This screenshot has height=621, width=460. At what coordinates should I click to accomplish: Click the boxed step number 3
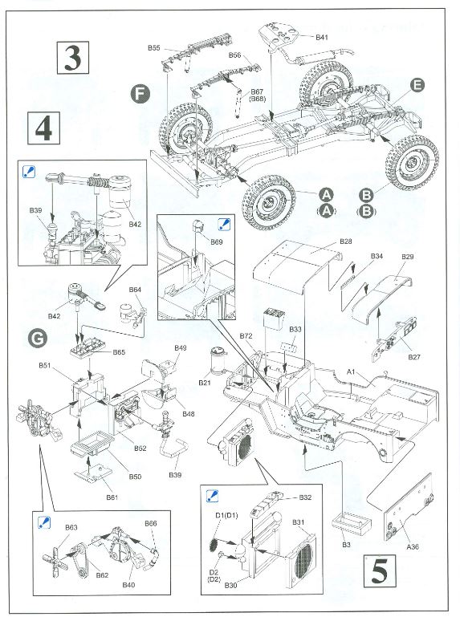pyautogui.click(x=72, y=58)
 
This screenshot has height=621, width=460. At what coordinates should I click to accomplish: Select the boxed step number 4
pyautogui.click(x=43, y=128)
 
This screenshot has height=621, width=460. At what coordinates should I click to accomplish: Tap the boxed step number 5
pyautogui.click(x=380, y=571)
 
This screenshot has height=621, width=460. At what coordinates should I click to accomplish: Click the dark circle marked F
pyautogui.click(x=140, y=95)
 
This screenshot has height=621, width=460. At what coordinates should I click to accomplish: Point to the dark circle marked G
pyautogui.click(x=38, y=338)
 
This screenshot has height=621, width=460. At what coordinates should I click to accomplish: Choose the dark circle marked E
pyautogui.click(x=417, y=85)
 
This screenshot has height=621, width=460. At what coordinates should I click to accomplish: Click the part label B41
pyautogui.click(x=322, y=37)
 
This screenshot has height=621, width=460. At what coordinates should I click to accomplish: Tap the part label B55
pyautogui.click(x=153, y=48)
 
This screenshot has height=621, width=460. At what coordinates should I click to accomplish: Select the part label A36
pyautogui.click(x=413, y=546)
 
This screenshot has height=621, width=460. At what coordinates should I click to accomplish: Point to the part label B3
pyautogui.click(x=346, y=544)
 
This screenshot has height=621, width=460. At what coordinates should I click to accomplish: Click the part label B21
pyautogui.click(x=205, y=383)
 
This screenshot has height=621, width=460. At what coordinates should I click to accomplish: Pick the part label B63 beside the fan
pyautogui.click(x=71, y=527)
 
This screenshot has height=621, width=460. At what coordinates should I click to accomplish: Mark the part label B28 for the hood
pyautogui.click(x=346, y=241)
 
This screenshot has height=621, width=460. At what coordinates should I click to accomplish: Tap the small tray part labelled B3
pyautogui.click(x=352, y=523)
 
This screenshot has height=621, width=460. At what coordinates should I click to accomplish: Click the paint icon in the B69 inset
pyautogui.click(x=224, y=225)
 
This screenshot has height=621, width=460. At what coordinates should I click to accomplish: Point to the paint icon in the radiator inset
pyautogui.click(x=213, y=496)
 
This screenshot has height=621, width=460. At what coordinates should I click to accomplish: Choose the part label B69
pyautogui.click(x=217, y=241)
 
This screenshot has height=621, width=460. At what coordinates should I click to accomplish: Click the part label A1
pyautogui.click(x=351, y=371)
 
